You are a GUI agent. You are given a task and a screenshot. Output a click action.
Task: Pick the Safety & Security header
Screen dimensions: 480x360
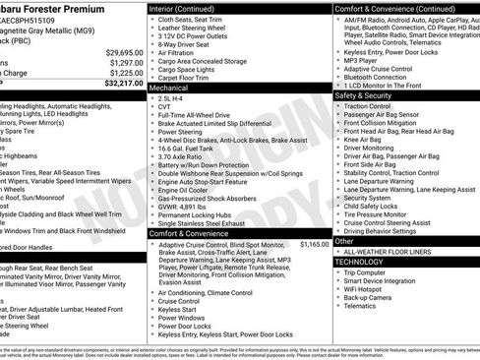363,95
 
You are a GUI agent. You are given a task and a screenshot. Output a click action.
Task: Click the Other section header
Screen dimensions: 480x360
344,241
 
